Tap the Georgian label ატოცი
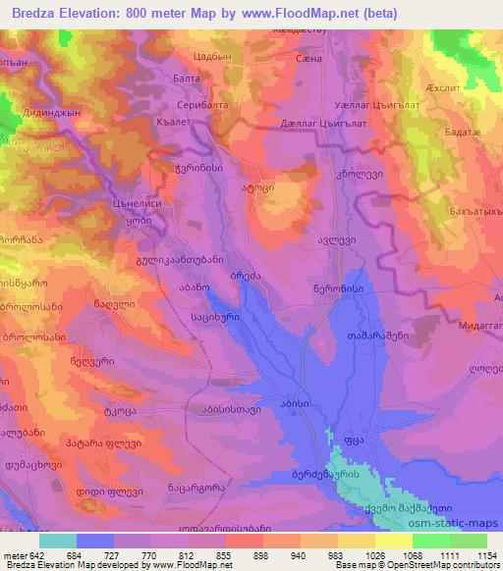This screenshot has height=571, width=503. pyautogui.click(x=255, y=183)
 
